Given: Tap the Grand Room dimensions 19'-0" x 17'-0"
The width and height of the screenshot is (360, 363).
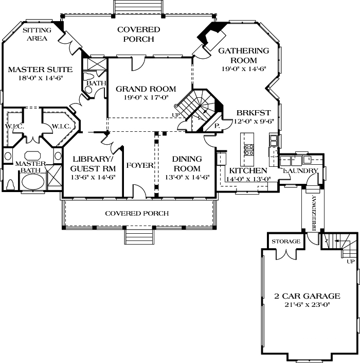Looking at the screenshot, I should click(x=146, y=98).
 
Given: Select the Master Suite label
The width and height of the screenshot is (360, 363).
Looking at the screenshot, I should click(x=40, y=69).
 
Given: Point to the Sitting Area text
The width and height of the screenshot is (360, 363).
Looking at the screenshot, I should click(x=38, y=34).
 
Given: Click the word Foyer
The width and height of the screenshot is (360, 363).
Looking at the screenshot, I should click(x=139, y=165).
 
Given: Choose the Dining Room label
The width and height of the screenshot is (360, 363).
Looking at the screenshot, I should click(x=187, y=164).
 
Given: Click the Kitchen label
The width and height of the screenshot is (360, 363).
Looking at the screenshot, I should click(x=248, y=171).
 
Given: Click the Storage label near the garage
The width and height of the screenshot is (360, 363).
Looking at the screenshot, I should click(x=285, y=241).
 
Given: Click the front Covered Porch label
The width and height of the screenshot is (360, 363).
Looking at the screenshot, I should click(x=136, y=213).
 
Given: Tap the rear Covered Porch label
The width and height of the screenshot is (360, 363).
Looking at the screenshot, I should click(x=138, y=34).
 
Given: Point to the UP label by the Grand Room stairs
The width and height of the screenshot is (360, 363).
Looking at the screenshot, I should click(x=176, y=114).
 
